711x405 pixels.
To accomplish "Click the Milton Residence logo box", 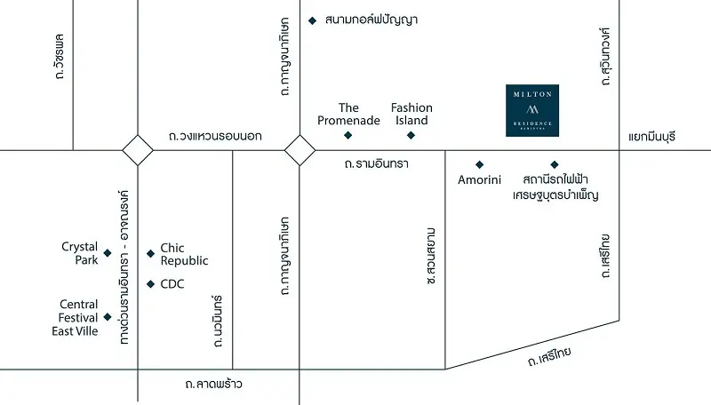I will (x=531, y=110).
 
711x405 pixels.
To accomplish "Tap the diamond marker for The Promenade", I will (x=348, y=135).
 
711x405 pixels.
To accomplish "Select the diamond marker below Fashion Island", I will (x=411, y=135).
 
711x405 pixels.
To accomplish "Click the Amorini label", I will (x=480, y=180).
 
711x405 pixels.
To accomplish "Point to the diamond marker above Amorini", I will (x=480, y=164).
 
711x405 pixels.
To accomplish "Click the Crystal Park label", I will (x=79, y=253).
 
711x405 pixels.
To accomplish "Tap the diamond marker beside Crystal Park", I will (x=108, y=253).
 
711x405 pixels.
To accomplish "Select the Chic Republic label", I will (x=184, y=254).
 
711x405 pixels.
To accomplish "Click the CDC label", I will (x=172, y=284).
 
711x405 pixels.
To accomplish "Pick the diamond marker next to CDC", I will (x=150, y=284).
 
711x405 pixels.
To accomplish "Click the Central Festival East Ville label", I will (x=79, y=317).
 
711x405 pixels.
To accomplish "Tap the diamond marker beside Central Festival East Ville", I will (x=108, y=317).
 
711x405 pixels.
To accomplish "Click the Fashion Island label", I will (x=411, y=114).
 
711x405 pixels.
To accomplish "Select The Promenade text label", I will (x=360, y=114).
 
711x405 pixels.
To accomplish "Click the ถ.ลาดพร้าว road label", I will (x=213, y=384).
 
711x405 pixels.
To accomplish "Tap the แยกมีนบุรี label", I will (x=652, y=137).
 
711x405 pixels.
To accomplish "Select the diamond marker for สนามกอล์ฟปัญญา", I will (x=312, y=20).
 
